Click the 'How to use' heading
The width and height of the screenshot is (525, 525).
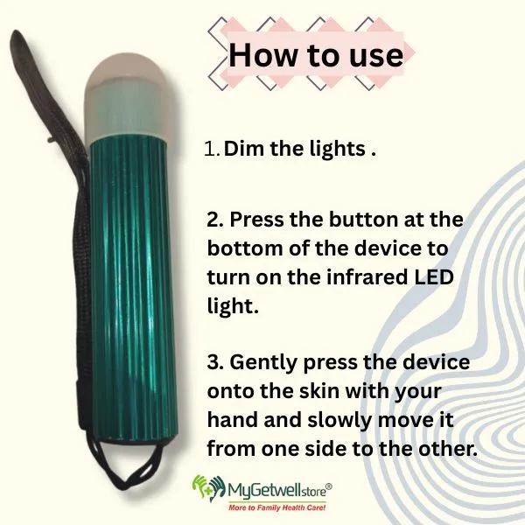pos(316,55)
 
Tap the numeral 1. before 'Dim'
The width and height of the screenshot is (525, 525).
pos(212,149)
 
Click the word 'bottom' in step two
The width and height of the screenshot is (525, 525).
pos(245,248)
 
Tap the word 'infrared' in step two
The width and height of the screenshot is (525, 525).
pos(367,277)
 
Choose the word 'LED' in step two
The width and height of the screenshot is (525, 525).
pos(434,277)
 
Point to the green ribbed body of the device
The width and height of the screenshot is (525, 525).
pos(134,288)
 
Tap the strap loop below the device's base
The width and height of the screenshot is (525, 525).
pos(125,469)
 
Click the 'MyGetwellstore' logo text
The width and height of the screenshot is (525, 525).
pos(280,490)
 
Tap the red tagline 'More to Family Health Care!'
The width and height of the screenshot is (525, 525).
pos(277,507)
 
